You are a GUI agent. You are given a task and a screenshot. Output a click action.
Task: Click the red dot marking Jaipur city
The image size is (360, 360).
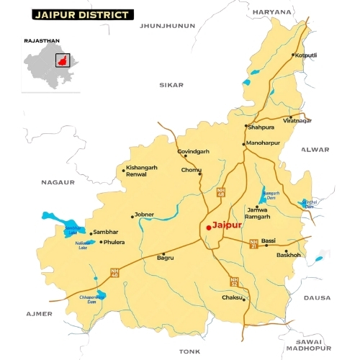(208, 227)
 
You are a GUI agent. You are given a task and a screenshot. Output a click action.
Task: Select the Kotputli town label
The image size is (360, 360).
(305, 55)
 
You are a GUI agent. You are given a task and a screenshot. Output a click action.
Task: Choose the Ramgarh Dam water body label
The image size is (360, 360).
(270, 196)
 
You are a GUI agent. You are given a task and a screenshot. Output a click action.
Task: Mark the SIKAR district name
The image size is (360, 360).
(171, 84)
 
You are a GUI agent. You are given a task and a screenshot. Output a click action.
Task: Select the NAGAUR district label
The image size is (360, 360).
(58, 183)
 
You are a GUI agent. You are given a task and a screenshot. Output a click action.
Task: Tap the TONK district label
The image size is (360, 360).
(189, 351)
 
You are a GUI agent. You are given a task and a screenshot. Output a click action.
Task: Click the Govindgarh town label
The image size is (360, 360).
(194, 151)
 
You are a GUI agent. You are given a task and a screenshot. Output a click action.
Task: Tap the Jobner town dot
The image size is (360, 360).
(132, 215)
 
